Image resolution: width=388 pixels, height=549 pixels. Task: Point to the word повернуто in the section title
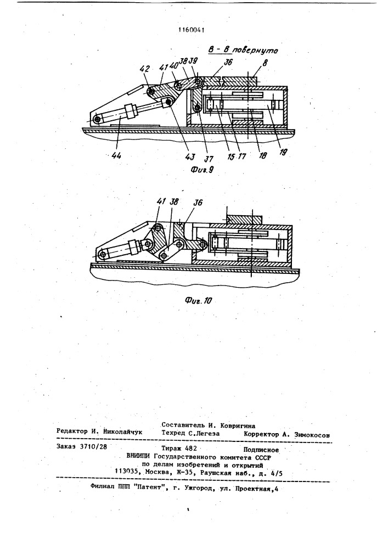click(x=256, y=51)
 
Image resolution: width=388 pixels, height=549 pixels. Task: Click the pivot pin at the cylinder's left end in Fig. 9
click(x=97, y=119)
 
